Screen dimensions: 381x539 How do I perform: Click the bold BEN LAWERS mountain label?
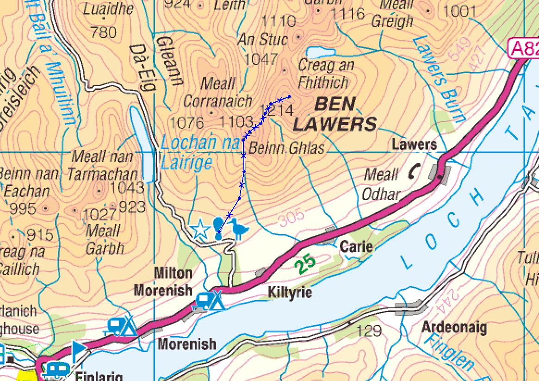point(335,114)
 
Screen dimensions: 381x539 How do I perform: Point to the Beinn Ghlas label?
point(287,148)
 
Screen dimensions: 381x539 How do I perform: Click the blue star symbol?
point(200,229)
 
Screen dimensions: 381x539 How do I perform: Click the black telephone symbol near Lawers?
point(413,172)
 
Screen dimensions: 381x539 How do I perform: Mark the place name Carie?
point(356,246)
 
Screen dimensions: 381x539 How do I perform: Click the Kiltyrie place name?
point(290,293)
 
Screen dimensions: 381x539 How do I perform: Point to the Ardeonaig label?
point(454,328)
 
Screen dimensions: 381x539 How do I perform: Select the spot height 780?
point(104,32)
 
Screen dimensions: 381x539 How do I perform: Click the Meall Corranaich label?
point(218,93)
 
